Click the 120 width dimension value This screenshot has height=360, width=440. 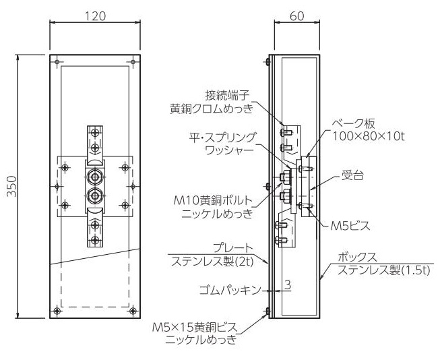point(96,16)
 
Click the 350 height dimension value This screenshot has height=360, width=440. point(11,186)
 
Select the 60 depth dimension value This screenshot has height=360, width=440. point(297,16)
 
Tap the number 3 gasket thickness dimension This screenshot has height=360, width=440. point(288,285)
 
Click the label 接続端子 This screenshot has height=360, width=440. point(227,96)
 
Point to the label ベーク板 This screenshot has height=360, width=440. point(354,124)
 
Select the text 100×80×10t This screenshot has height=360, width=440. point(369,136)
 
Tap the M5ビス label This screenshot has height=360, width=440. point(350,225)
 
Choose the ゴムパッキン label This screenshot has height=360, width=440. point(230,290)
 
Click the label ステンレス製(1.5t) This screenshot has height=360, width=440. point(383,270)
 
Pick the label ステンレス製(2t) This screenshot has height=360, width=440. point(212,262)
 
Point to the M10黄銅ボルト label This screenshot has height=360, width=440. point(214,201)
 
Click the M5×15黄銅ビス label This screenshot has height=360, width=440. point(195,328)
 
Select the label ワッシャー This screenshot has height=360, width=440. point(230,150)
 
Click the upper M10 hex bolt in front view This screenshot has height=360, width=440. point(95,177)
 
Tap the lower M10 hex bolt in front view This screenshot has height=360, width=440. point(95,195)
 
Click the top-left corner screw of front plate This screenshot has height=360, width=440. point(57,62)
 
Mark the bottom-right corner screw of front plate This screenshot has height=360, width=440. point(133,311)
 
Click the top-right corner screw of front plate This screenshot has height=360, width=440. point(133,62)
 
